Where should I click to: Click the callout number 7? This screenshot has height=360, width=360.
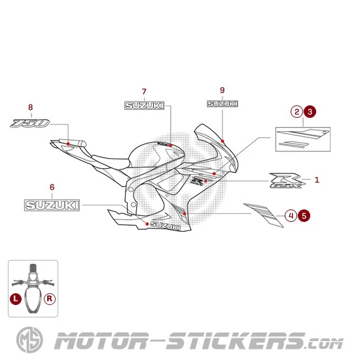point(144,91)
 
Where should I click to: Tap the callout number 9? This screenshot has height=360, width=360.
point(223,90)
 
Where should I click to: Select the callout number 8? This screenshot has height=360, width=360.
point(30,107)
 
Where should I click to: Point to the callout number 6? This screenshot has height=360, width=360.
point(52,187)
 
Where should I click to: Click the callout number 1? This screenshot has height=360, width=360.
point(317,179)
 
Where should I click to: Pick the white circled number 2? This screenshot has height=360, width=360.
point(297,112)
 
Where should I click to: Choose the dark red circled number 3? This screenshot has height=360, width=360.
point(310,112)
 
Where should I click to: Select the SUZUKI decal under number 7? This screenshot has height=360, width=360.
point(145,105)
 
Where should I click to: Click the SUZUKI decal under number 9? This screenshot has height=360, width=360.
point(223,103)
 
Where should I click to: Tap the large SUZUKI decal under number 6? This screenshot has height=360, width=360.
point(52,205)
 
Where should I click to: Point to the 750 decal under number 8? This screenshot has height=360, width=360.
point(30,123)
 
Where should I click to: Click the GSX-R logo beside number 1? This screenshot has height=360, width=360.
point(287,181)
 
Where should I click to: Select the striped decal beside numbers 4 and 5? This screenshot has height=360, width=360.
point(264,215)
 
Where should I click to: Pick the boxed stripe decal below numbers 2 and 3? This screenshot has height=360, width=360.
point(302,138)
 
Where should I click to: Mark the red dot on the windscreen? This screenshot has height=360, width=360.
point(223,141)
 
